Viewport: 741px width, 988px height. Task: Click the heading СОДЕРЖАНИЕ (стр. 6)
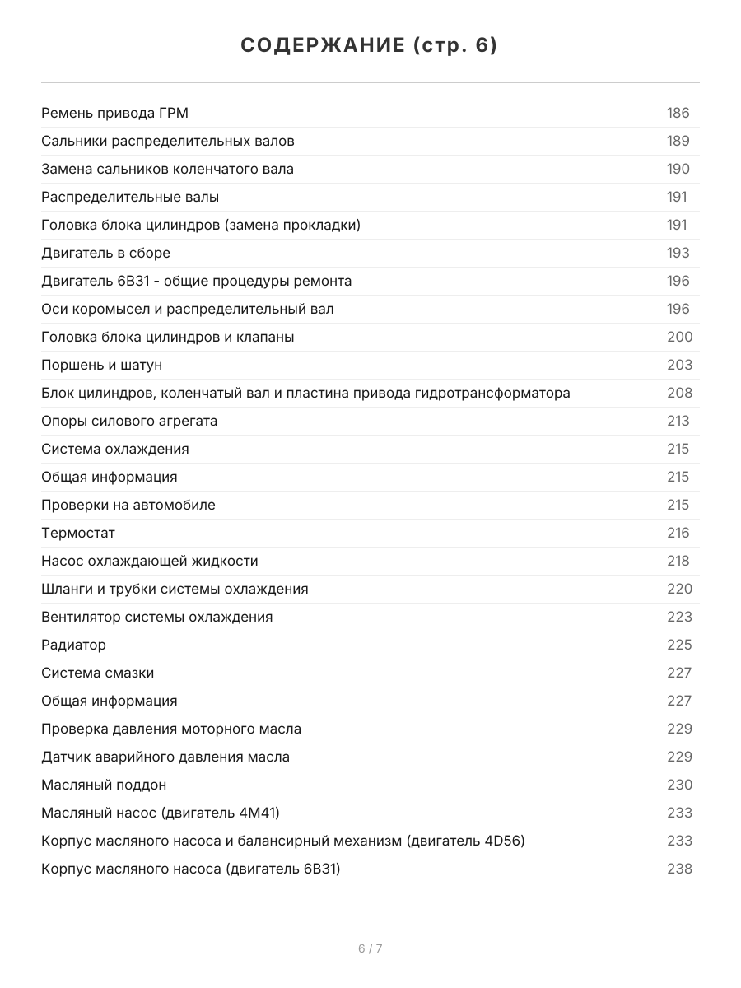click(370, 46)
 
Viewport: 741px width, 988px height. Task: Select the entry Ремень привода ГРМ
click(114, 113)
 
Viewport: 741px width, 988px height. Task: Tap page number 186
click(678, 113)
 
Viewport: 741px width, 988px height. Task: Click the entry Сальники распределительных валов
click(167, 141)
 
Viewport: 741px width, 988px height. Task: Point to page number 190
click(678, 169)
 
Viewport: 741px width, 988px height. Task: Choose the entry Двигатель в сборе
click(105, 253)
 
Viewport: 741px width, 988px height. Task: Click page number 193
click(678, 253)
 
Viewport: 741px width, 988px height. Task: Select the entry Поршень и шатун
click(101, 365)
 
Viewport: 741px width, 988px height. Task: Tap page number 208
click(679, 393)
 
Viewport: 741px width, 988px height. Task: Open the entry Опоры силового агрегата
click(129, 421)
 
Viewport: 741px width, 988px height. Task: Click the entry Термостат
click(78, 533)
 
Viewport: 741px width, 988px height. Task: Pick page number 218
click(678, 561)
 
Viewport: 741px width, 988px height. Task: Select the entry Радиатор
click(73, 645)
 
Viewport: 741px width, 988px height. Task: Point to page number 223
click(679, 617)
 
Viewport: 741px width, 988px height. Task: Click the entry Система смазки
click(97, 673)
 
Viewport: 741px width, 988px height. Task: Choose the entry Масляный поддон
click(104, 785)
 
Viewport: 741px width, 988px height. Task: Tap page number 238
click(679, 869)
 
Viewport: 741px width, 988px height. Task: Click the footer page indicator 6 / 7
click(370, 948)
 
